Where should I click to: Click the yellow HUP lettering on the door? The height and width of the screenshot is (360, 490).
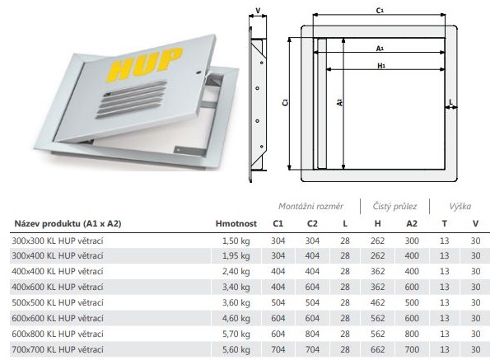[145, 65]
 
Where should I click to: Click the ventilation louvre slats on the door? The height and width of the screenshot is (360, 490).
[132, 99]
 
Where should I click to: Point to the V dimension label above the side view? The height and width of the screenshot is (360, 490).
[258, 11]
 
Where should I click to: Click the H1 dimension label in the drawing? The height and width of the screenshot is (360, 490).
[381, 66]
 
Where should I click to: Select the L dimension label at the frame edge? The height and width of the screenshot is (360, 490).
[450, 102]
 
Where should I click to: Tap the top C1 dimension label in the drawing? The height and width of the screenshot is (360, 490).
[380, 11]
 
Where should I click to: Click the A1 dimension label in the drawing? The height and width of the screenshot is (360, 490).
[380, 49]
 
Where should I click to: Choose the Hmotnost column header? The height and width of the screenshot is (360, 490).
[236, 223]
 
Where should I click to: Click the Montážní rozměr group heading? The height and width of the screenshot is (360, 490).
[310, 206]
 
